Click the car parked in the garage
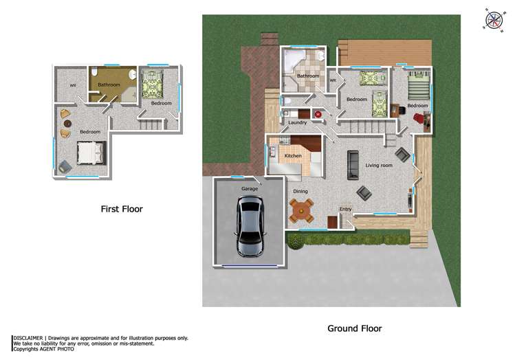[x=249, y=226]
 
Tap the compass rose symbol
[x=494, y=20]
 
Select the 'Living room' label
[x=379, y=166]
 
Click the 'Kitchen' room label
[x=294, y=157]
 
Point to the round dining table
[x=301, y=210]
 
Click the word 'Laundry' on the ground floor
[x=297, y=123]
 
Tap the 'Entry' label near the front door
[x=345, y=209]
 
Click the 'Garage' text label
[x=249, y=188]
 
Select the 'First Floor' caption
[x=122, y=209]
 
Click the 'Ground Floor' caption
[x=354, y=328]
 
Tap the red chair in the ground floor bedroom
[x=419, y=117]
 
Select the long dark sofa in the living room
[x=353, y=164]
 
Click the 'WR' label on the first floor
[x=72, y=85]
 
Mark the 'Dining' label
[x=300, y=192]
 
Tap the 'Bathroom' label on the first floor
[x=109, y=85]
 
